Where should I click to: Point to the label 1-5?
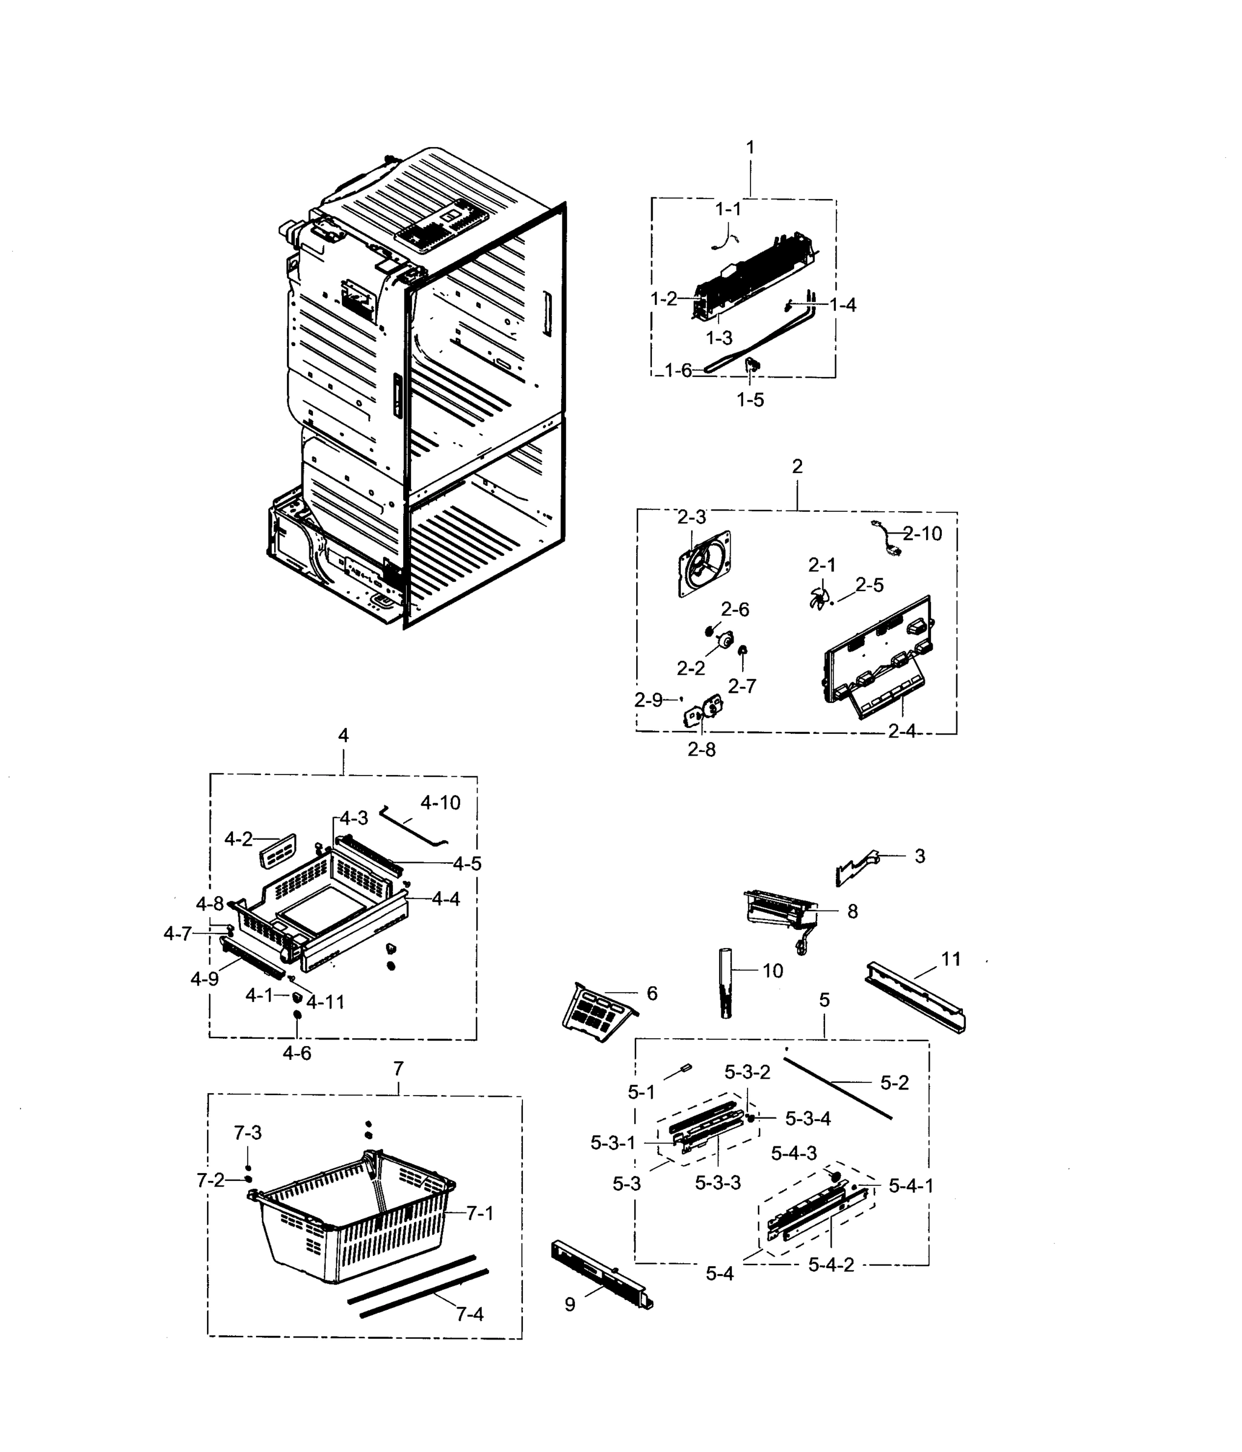tap(749, 400)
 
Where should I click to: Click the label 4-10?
tap(440, 803)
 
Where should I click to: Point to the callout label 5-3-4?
tap(807, 1119)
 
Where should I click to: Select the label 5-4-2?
tap(830, 1265)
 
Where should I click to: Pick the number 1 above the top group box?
tap(750, 148)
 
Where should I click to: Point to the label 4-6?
tap(297, 1053)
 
